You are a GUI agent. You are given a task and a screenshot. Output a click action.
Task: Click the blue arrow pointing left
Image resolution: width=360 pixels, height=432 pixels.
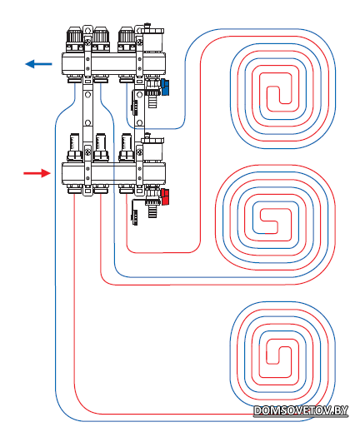[x=38, y=64]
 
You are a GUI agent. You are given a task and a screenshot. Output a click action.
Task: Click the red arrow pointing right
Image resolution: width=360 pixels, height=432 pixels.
[x=37, y=173]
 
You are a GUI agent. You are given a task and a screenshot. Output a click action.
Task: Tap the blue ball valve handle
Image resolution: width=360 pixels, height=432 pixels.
[x=165, y=87]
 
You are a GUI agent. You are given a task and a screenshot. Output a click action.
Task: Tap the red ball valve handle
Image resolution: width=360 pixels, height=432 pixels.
[x=165, y=196]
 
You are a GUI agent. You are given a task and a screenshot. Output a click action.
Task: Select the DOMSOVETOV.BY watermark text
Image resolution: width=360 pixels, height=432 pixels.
[x=301, y=410]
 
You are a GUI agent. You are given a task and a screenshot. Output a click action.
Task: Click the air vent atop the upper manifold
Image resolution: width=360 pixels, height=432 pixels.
[x=152, y=39]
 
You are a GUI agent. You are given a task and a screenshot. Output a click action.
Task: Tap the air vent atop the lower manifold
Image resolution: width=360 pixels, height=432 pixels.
[x=152, y=148]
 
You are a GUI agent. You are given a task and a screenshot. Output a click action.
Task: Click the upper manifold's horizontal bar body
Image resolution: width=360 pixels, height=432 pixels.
[x=114, y=63]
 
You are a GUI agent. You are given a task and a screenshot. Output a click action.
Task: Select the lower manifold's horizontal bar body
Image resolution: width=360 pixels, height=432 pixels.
[x=114, y=173]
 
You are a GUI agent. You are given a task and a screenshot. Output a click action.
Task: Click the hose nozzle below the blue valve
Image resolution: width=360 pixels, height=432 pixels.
[x=152, y=102]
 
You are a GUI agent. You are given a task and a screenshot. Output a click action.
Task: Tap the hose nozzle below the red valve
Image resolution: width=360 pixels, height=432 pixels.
[x=152, y=211]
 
